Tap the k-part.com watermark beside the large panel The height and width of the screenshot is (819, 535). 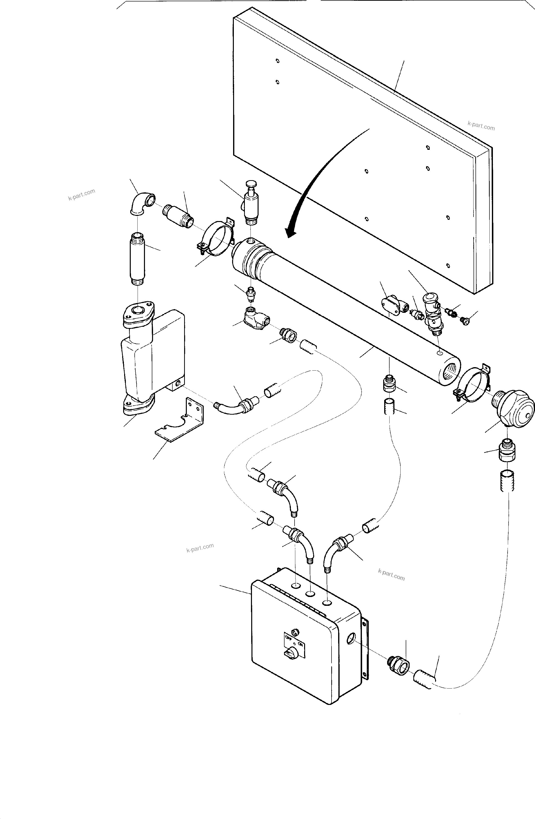(x=481, y=126)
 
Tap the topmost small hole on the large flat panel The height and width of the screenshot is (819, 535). (x=277, y=61)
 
